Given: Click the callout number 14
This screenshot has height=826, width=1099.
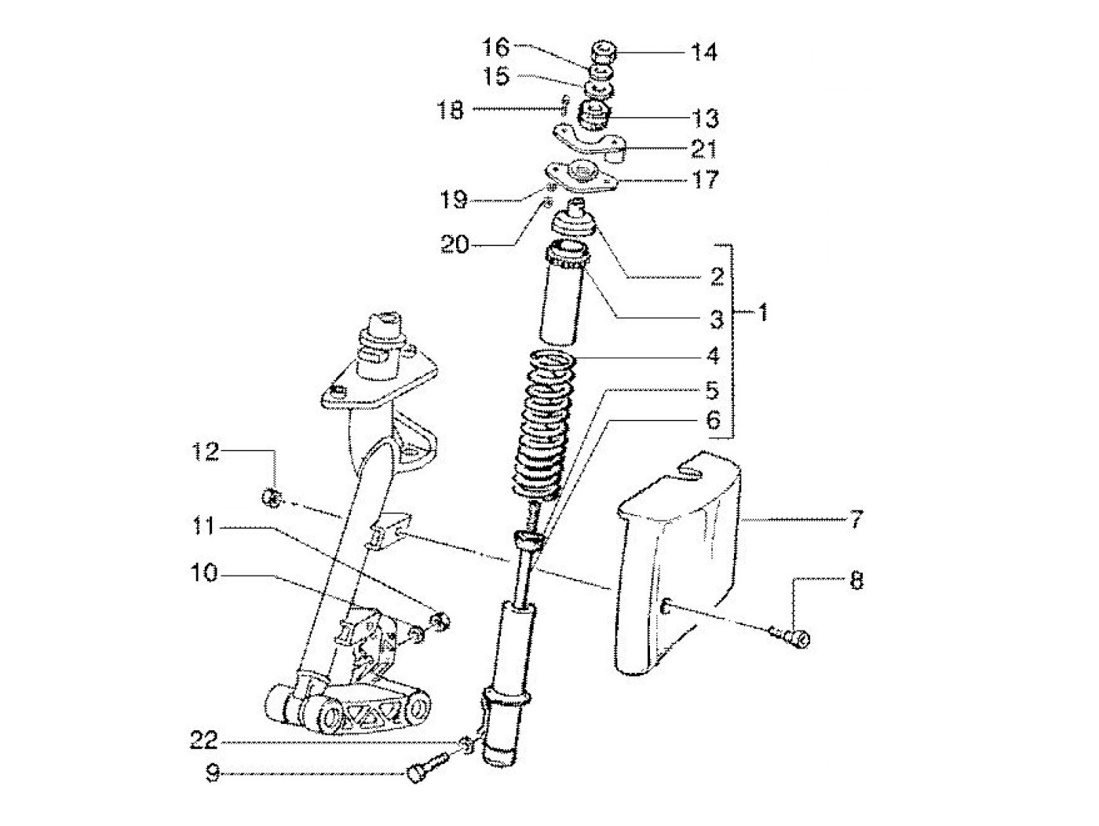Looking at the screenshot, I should click(x=703, y=53).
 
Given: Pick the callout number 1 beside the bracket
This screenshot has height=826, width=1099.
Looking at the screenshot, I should click(x=761, y=313).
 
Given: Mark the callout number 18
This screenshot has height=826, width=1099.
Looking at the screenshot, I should click(x=450, y=111).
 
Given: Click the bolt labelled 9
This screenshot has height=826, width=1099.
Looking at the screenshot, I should click(x=425, y=766).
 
